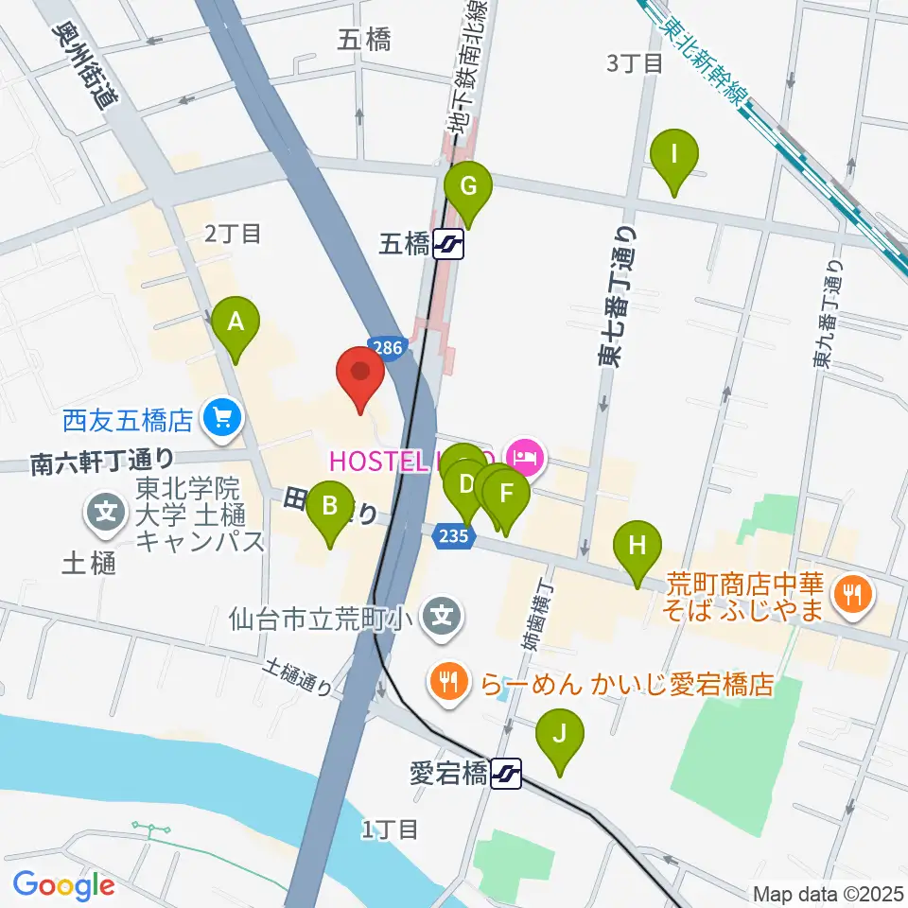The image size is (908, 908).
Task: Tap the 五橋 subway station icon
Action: point(448,245)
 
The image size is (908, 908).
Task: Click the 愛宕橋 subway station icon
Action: point(508,774)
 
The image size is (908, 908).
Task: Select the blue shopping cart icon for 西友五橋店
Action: point(223,415)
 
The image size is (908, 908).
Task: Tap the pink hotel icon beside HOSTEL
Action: point(526,458)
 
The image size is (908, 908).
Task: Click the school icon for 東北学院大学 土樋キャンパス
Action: point(107,514)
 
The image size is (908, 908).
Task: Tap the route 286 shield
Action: point(387,347)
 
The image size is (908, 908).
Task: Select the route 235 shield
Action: point(451,536)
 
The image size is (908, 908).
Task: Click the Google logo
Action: point(63,885)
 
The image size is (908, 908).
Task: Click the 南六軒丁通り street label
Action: point(102,461)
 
